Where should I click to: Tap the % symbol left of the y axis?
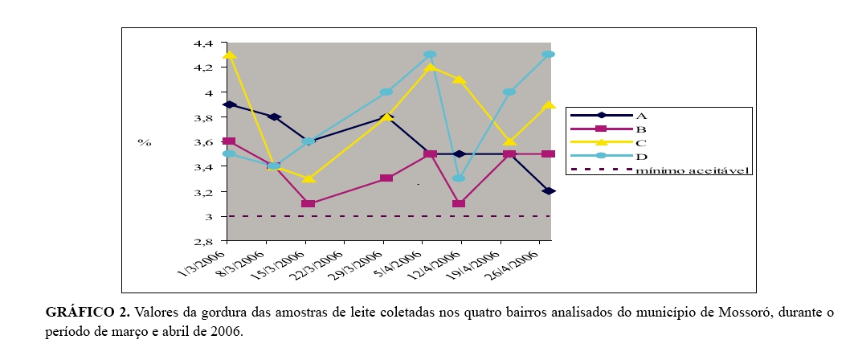coord(144,142)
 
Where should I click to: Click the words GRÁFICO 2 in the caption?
coord(84,313)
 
